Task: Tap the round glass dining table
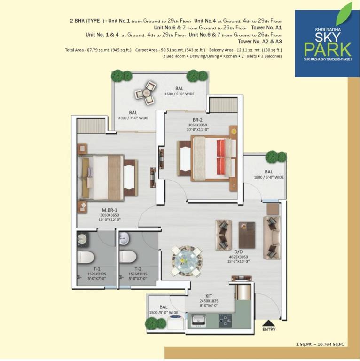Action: pos(187,260)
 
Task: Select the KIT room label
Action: pos(209,296)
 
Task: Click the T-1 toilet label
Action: pos(97,269)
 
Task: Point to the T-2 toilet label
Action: pos(138,269)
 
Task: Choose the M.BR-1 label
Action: pos(110,210)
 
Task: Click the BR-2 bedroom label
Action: pos(197,120)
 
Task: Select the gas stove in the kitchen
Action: pos(225,321)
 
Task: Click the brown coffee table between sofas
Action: pos(247,235)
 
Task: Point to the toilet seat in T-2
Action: pos(128,257)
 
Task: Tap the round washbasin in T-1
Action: pos(82,239)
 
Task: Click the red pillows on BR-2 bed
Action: pos(221,157)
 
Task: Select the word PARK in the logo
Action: pos(328,49)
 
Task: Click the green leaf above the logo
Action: pos(344,14)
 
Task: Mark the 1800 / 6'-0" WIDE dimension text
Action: pos(269,177)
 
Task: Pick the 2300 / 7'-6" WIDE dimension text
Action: pos(133,118)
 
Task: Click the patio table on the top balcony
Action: pos(146,93)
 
